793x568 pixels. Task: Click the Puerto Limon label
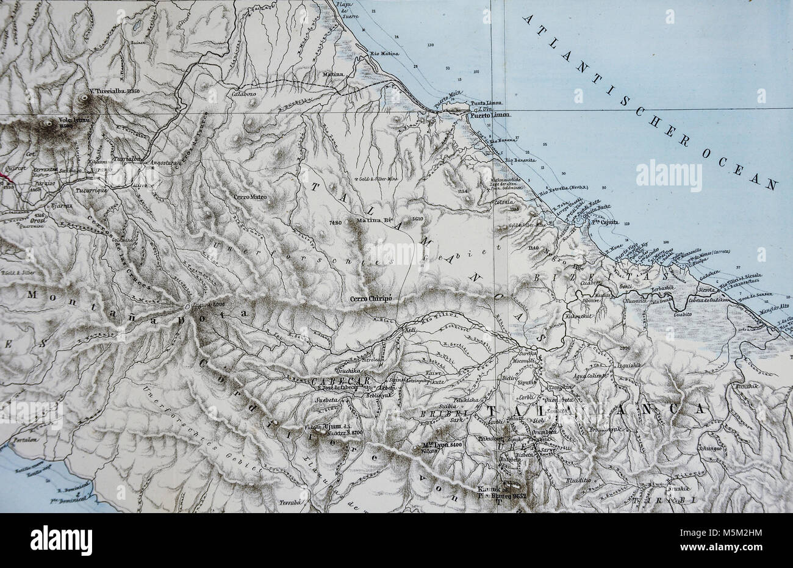click(489, 116)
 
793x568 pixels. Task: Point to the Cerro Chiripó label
click(370, 300)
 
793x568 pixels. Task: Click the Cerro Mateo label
click(249, 197)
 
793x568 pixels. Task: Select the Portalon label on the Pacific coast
click(21, 439)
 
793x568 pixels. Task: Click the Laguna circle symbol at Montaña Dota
click(187, 307)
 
